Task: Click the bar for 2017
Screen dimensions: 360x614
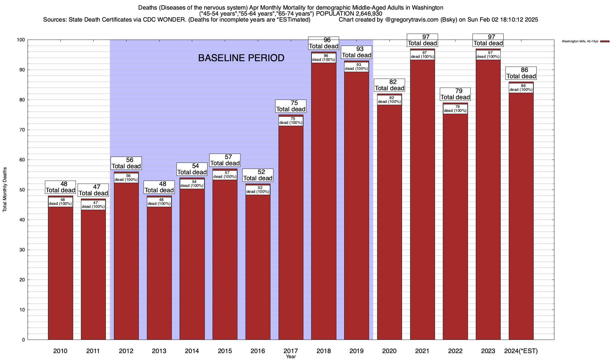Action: point(291,234)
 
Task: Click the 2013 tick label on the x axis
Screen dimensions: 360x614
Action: point(159,351)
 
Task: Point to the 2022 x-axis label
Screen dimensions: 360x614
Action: point(455,351)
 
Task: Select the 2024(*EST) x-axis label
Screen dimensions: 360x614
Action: point(521,351)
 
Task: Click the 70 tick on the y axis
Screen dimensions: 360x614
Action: point(22,130)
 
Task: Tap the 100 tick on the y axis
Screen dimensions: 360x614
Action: point(21,40)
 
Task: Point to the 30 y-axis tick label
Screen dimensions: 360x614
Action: point(22,250)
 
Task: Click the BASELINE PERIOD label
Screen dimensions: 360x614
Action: point(241,58)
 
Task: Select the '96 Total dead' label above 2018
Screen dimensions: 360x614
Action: point(324,43)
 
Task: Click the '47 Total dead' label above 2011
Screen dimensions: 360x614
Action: point(93,190)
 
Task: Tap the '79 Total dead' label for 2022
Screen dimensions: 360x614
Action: point(455,94)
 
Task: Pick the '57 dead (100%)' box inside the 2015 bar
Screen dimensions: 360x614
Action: point(225,175)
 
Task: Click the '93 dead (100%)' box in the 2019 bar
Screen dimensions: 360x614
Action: point(356,67)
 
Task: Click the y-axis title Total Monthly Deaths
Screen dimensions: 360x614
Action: point(5,190)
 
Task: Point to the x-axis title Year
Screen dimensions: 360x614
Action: point(291,357)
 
